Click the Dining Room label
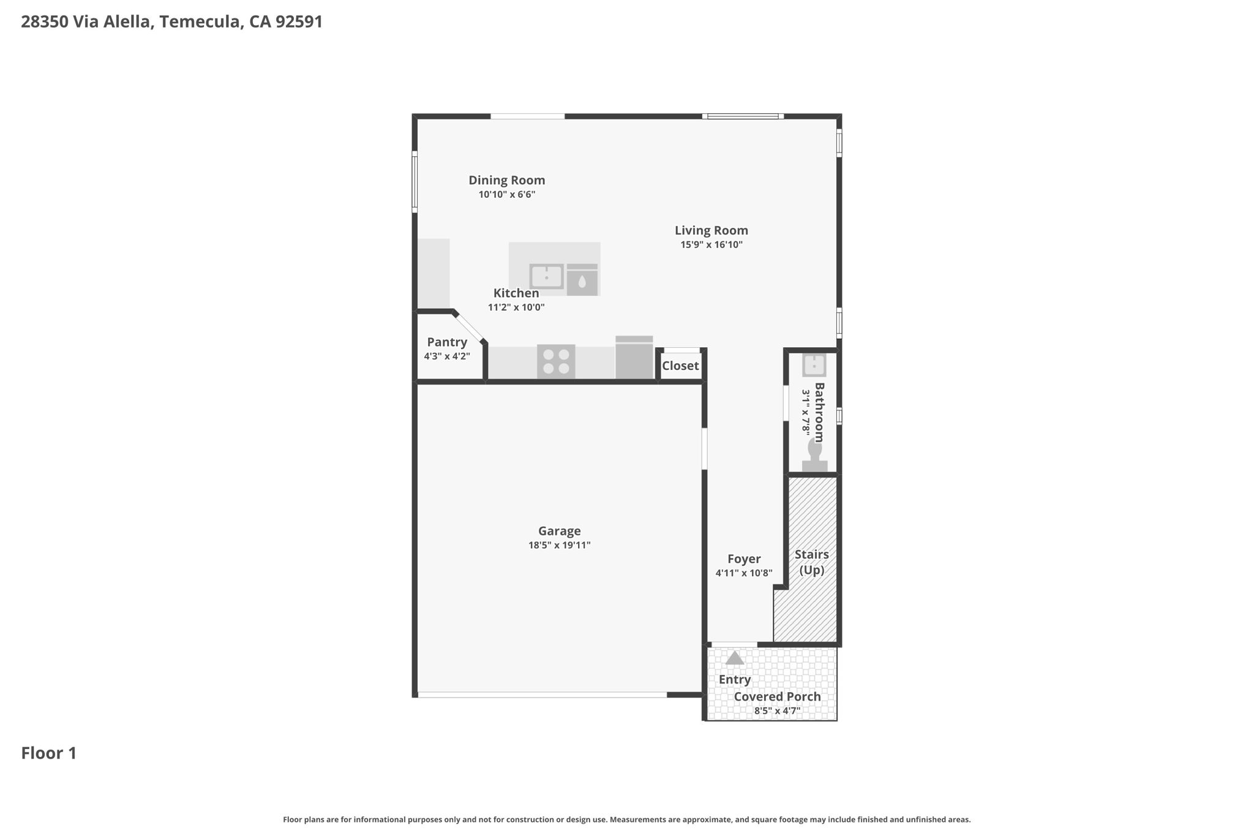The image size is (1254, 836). (x=506, y=180)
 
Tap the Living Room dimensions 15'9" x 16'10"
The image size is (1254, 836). (x=711, y=244)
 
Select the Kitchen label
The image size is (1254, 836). (x=516, y=293)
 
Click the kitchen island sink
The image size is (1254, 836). (x=546, y=276)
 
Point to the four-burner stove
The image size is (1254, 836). (x=556, y=361)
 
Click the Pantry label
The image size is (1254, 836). (x=447, y=342)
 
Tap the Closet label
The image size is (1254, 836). (x=680, y=366)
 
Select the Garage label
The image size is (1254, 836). (x=560, y=531)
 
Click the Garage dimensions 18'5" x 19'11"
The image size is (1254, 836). (x=560, y=545)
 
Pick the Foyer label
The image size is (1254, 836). (x=744, y=559)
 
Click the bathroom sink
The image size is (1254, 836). (x=814, y=365)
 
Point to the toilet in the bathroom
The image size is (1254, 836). (x=815, y=455)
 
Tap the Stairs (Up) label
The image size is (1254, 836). (x=812, y=562)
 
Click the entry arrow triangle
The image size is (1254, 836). (x=735, y=658)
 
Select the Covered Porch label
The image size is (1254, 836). (x=778, y=696)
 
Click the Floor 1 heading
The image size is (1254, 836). (x=49, y=753)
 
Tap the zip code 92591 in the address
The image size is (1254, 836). (x=299, y=21)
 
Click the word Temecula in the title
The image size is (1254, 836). (x=201, y=22)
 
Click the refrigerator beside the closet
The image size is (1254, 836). (x=634, y=357)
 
